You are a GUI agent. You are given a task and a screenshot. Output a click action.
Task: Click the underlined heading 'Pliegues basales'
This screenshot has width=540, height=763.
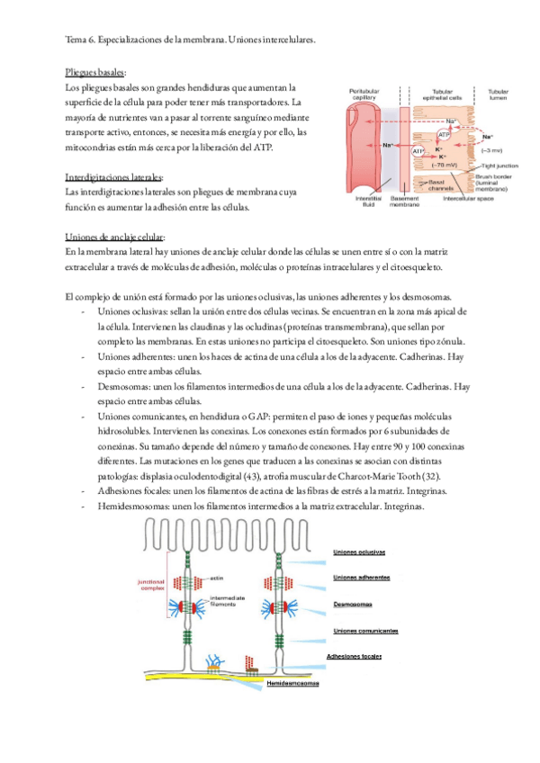(95, 71)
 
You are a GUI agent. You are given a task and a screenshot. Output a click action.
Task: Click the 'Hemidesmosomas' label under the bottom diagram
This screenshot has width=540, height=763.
(293, 683)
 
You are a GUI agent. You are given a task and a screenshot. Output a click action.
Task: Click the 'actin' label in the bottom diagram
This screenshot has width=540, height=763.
(217, 577)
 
